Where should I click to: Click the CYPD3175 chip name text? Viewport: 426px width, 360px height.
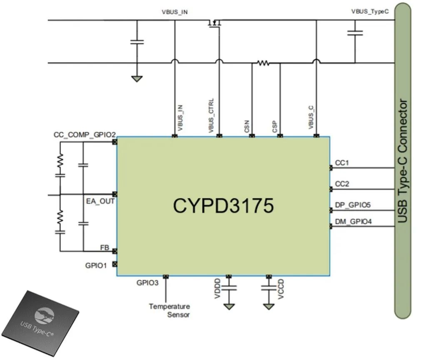tap(223, 205)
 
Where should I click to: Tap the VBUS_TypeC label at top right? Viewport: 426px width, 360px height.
tap(370, 11)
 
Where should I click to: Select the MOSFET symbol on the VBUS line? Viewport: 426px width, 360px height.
tap(214, 23)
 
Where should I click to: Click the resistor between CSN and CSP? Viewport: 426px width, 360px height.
tap(263, 63)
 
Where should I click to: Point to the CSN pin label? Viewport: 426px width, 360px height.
tap(247, 126)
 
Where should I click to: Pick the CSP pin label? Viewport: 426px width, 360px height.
tap(275, 127)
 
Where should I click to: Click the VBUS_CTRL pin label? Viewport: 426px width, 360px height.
tap(211, 115)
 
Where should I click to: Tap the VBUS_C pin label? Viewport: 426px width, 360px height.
tap(311, 117)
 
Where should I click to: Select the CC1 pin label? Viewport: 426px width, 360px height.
tap(342, 162)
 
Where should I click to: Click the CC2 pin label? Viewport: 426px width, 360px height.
tap(342, 184)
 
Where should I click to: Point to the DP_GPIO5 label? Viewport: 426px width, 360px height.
tap(353, 205)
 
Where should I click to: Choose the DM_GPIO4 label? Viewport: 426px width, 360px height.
tap(353, 221)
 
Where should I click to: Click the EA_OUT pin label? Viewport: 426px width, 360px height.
tap(100, 201)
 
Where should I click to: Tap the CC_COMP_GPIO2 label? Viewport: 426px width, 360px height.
tap(85, 135)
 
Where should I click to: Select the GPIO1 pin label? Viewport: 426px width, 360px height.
tap(96, 265)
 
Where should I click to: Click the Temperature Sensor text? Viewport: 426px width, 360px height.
tap(169, 310)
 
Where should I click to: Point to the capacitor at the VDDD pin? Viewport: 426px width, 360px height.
tap(229, 287)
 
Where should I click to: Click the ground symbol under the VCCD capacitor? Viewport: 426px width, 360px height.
tap(269, 307)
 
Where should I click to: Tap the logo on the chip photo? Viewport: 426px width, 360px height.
tap(44, 316)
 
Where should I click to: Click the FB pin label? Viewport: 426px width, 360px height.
tap(105, 247)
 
